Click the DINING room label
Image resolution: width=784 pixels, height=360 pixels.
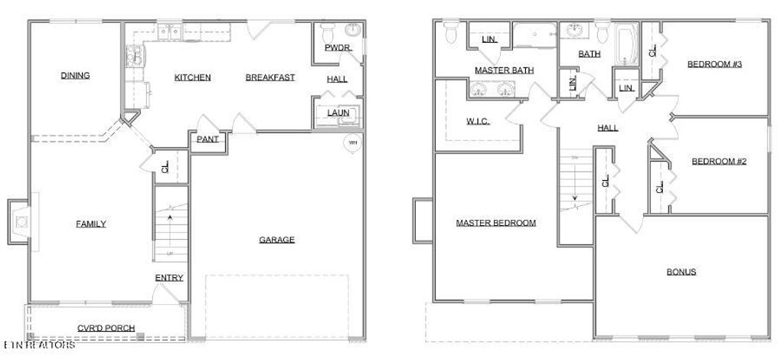(75, 75)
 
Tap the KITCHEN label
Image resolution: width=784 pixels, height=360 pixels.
(192, 77)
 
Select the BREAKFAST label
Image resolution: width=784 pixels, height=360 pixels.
(269, 77)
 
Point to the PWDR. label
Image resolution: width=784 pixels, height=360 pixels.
(338, 47)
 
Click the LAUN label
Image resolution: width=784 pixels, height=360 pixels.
(338, 113)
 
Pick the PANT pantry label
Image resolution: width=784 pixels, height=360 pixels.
(207, 139)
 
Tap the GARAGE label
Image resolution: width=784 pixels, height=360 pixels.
(276, 240)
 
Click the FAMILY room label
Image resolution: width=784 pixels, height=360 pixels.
(90, 224)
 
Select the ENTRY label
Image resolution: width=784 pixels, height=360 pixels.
(169, 277)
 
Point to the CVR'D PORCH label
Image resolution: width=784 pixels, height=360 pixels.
(106, 328)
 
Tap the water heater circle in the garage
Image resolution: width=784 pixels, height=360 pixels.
(353, 143)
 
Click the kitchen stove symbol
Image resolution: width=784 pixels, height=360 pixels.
(133, 55)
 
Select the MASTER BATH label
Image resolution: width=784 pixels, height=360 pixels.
(504, 70)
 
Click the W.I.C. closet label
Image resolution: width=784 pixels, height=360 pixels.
(478, 122)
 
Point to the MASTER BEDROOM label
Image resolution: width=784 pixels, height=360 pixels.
(495, 223)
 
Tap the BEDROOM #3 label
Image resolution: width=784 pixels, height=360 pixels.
(714, 64)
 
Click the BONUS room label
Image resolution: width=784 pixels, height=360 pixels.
(681, 272)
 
